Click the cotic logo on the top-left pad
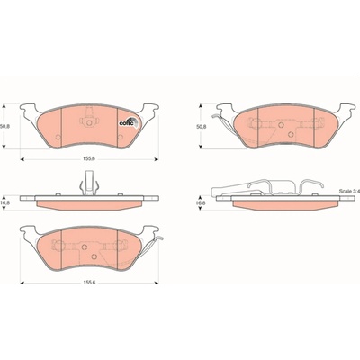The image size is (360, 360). pos(129,121)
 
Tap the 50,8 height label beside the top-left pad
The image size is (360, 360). pos(4,127)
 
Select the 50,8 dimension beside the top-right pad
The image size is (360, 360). pos(201,127)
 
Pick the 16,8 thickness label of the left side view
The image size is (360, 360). pos(4,203)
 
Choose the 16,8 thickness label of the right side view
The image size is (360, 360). pos(201,203)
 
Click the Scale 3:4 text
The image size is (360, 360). pos(349,191)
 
